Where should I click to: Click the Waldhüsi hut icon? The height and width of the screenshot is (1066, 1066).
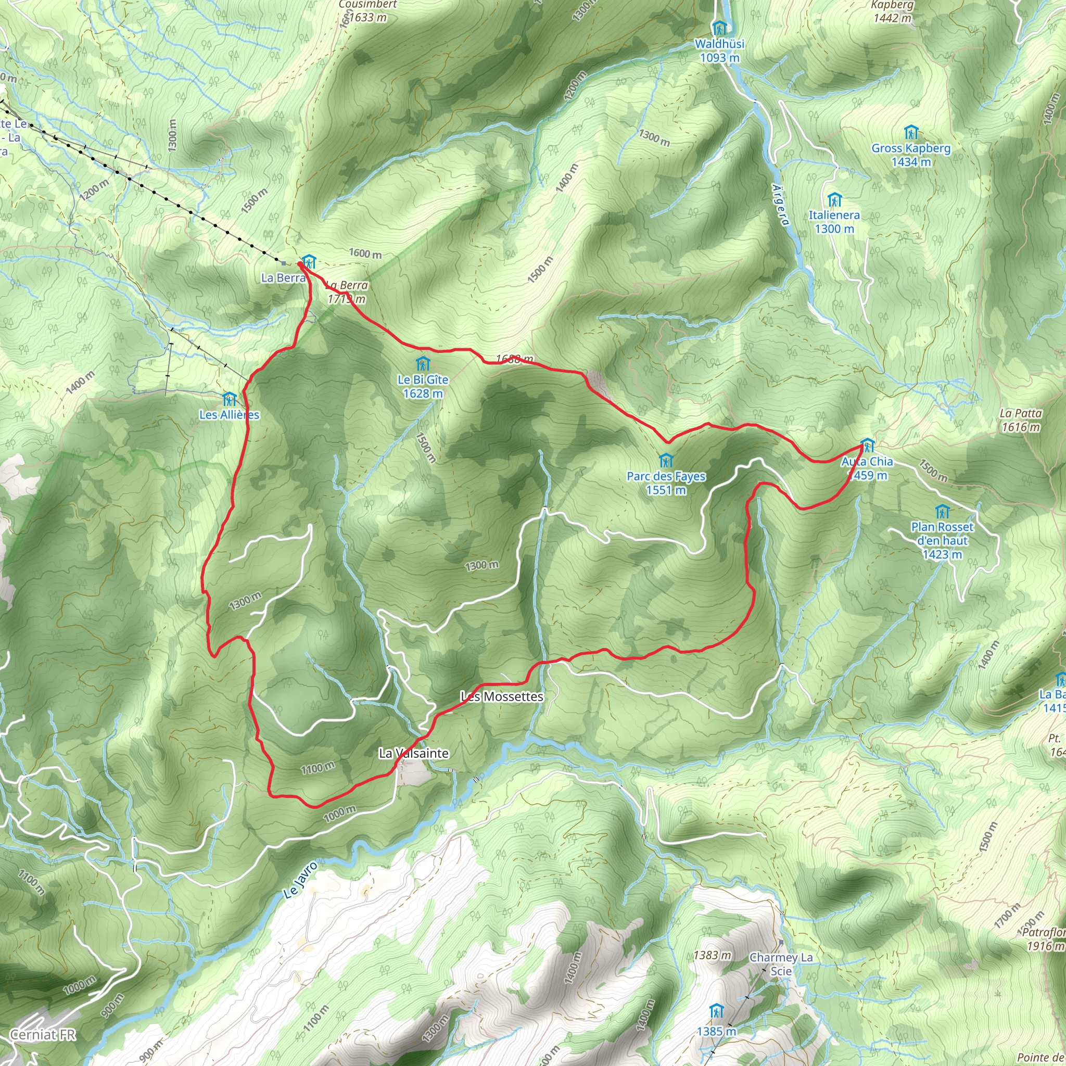(719, 28)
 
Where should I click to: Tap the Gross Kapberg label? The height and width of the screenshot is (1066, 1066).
(911, 155)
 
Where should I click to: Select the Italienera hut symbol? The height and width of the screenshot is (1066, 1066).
(834, 199)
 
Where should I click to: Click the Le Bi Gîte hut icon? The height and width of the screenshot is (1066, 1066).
(423, 364)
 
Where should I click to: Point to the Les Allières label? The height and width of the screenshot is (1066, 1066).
(229, 414)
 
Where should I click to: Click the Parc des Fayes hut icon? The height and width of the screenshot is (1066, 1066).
(666, 460)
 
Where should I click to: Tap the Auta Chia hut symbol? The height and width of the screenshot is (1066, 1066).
(867, 445)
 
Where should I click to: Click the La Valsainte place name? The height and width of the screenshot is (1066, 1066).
(414, 753)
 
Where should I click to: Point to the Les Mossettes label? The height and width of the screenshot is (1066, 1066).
(502, 697)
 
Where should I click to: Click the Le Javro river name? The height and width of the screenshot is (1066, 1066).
(301, 881)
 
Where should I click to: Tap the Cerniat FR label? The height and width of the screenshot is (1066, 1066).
(43, 1035)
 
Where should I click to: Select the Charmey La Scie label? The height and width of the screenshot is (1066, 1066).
(781, 964)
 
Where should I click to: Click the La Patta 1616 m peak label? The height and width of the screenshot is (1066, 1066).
(1021, 420)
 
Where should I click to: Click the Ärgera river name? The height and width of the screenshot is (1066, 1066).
(780, 204)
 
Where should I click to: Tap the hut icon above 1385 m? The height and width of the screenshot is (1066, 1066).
(717, 1011)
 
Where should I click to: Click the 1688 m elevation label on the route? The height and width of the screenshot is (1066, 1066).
(514, 359)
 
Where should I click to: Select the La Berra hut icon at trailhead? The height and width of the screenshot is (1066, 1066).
(309, 261)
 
